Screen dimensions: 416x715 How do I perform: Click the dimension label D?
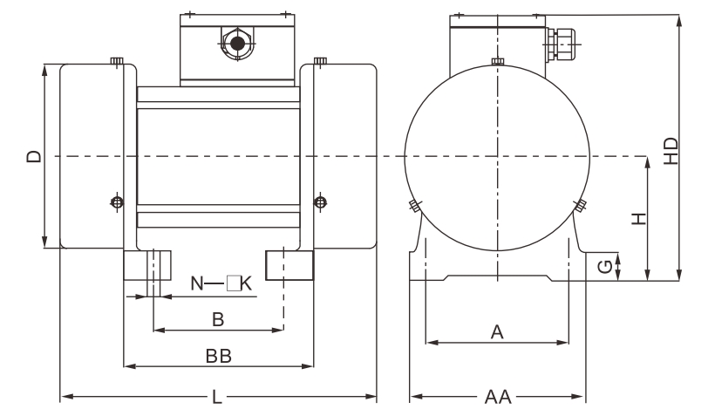[33, 157]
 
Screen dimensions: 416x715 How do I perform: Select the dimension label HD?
[671, 150]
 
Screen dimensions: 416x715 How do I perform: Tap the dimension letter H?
[639, 219]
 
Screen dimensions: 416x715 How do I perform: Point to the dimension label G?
[604, 268]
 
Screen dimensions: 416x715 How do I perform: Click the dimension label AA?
[497, 399]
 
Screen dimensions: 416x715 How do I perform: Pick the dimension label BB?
[218, 357]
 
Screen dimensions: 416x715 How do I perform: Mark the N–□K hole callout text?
[221, 283]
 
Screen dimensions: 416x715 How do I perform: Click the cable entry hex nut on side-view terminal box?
[234, 43]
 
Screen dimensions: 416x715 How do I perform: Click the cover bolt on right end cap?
[320, 202]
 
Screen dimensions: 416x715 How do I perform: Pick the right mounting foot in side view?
[289, 264]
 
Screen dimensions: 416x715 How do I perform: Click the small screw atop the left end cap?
[117, 60]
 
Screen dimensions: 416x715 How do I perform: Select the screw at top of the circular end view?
[496, 60]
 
